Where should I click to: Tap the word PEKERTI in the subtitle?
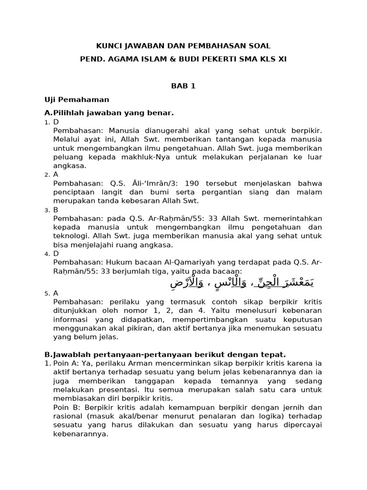pyautogui.click(x=230, y=58)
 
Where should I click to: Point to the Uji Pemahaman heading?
pyautogui.click(x=77, y=100)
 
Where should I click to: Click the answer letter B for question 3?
pyautogui.click(x=55, y=210)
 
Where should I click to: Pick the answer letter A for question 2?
pyautogui.click(x=55, y=175)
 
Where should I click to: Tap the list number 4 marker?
pyautogui.click(x=47, y=254)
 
